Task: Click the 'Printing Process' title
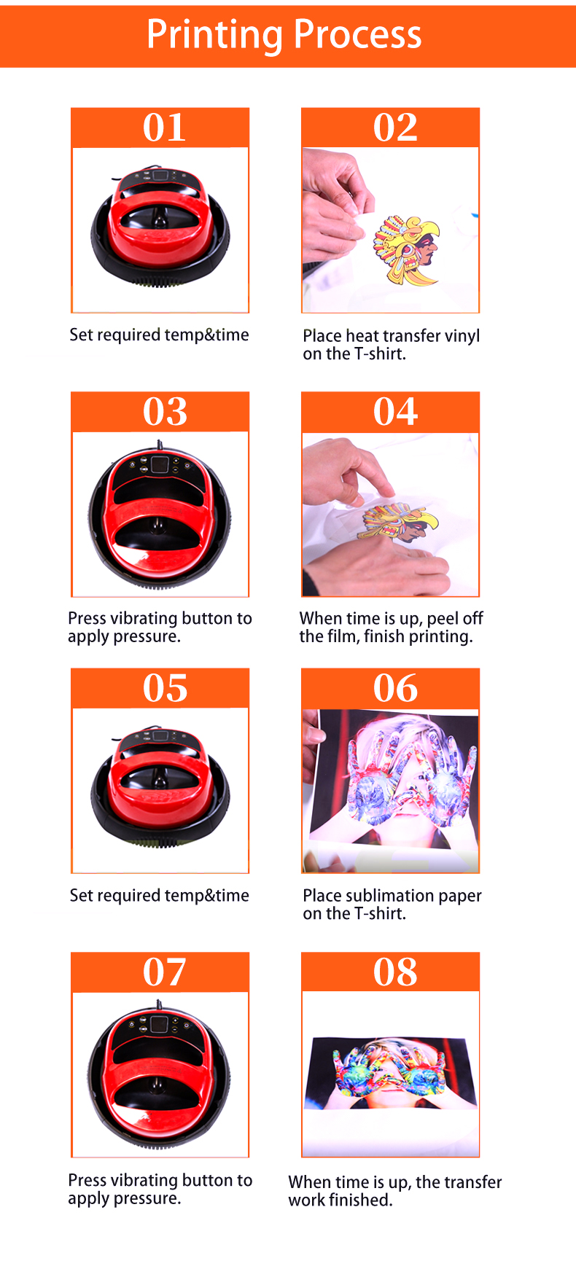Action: (x=284, y=34)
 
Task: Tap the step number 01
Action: (x=164, y=128)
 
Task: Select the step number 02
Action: (x=395, y=128)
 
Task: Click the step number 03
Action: (x=165, y=412)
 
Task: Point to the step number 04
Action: (x=395, y=412)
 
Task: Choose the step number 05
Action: (x=165, y=688)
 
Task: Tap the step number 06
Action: (x=395, y=688)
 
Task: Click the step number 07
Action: (x=165, y=972)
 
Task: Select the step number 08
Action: (x=395, y=972)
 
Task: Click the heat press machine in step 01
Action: (x=160, y=226)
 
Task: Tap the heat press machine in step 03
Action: (x=160, y=514)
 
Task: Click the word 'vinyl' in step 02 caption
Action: (x=462, y=336)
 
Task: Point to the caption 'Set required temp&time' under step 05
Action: (x=159, y=896)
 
